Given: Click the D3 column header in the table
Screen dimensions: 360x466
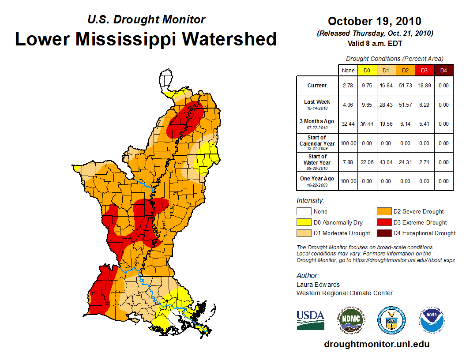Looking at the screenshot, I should [424, 70].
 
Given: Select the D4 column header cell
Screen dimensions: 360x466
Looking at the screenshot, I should [443, 70].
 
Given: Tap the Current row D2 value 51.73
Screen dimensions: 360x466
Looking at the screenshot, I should [405, 86].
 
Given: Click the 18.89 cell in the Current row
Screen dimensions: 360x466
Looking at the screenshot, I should [424, 86].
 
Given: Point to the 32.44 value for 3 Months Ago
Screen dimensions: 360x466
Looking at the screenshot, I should [348, 124].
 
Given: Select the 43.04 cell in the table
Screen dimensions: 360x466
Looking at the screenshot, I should [386, 162].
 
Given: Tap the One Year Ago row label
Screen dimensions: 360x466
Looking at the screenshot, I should [317, 179].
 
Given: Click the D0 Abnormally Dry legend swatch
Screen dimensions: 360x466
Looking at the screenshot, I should [303, 222].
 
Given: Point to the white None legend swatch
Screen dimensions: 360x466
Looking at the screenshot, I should [303, 212].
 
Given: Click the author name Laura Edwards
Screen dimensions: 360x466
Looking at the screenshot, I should [318, 285].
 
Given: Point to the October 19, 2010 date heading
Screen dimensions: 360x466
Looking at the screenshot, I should [375, 21].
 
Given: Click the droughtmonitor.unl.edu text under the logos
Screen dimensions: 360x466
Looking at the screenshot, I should [376, 344].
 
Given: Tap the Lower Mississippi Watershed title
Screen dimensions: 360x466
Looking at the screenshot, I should [146, 39].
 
